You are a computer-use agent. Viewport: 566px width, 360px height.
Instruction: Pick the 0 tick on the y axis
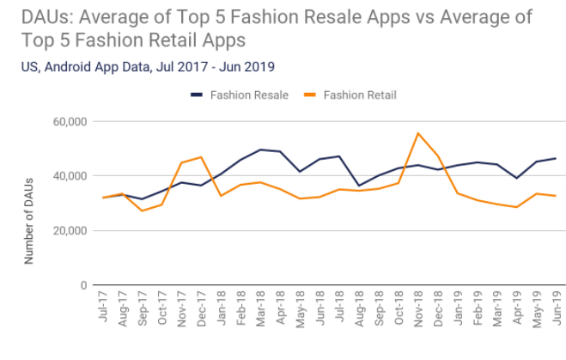[x=83, y=285]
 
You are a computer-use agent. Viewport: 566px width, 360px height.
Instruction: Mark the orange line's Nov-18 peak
[x=417, y=133]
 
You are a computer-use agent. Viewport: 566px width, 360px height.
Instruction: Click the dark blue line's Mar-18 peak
[x=260, y=149]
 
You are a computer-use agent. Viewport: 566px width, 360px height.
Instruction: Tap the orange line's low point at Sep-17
[x=143, y=211]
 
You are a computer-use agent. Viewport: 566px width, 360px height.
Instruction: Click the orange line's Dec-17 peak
[x=202, y=157]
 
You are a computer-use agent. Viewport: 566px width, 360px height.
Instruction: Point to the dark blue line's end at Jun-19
[x=555, y=158]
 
